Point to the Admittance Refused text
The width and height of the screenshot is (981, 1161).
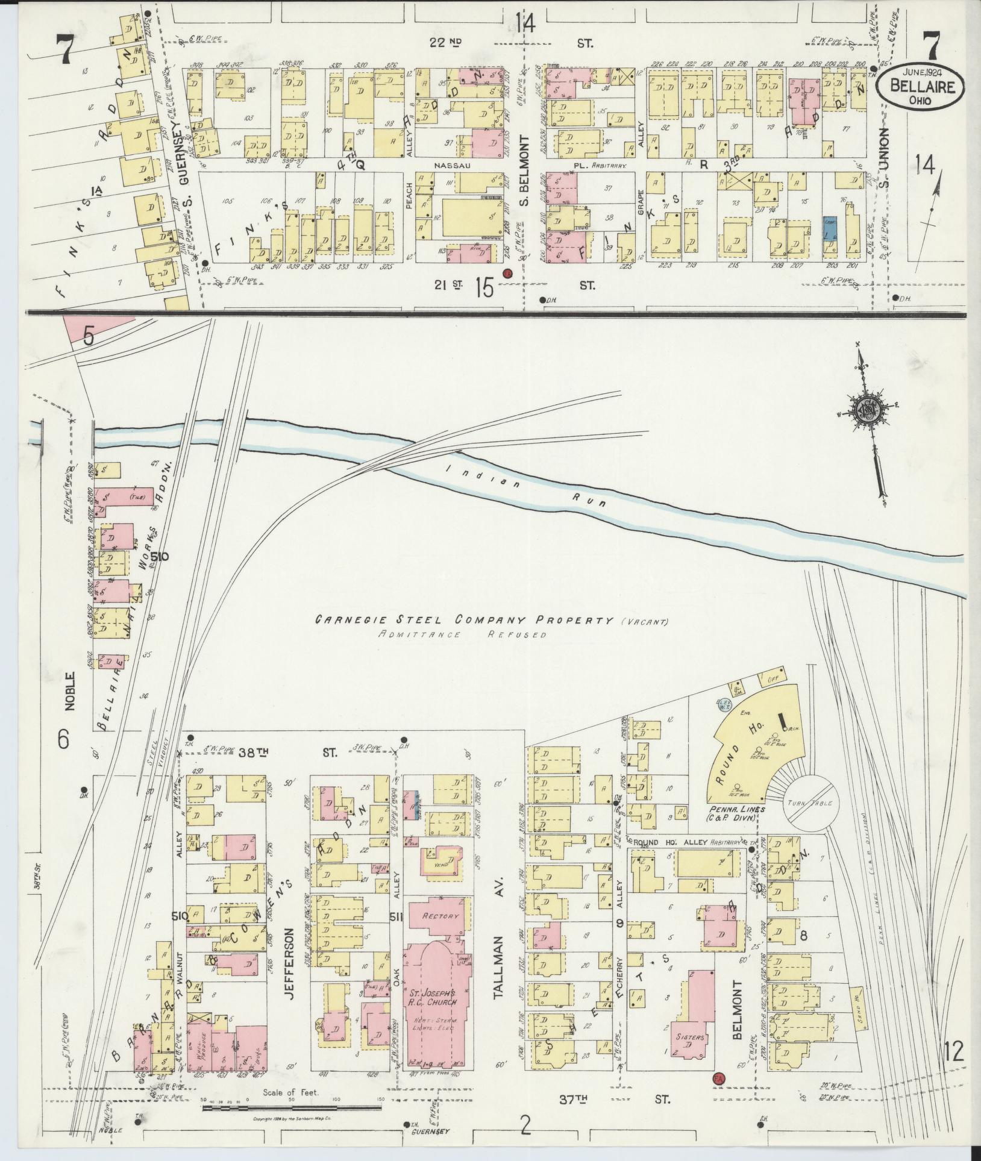pyautogui.click(x=463, y=635)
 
